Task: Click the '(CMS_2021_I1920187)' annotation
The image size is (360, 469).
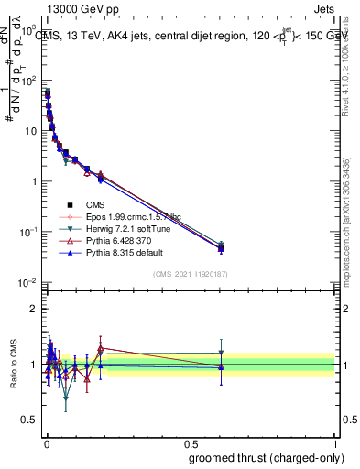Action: pos(191,274)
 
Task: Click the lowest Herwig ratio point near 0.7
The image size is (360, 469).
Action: pos(66,398)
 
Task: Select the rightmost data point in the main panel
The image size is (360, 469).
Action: pos(220,247)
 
